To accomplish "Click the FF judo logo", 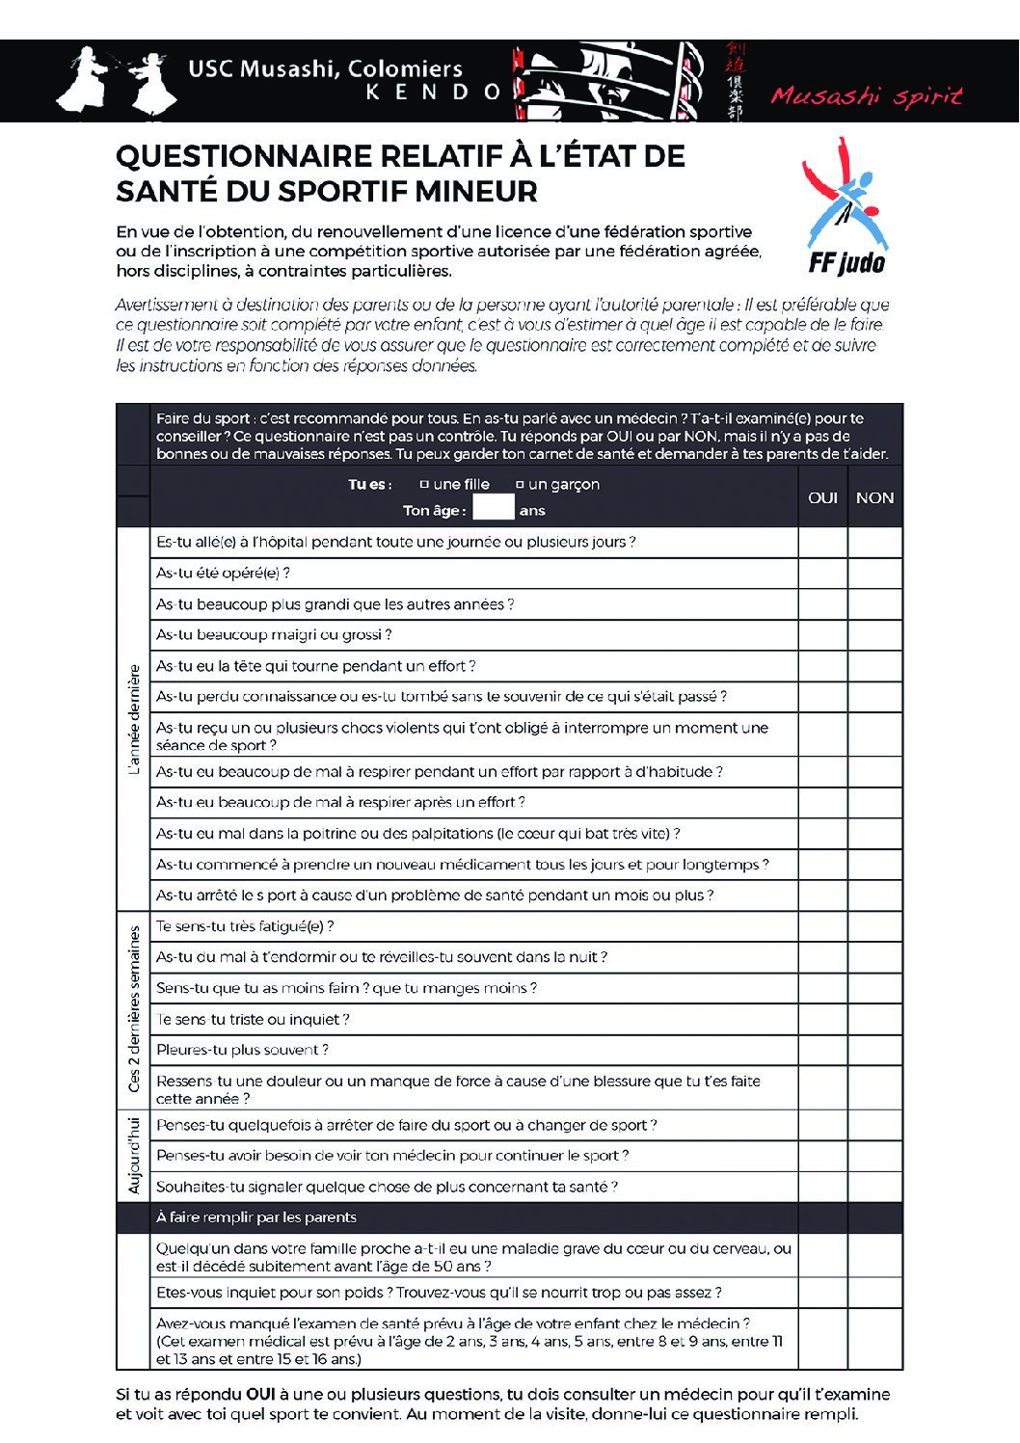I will pyautogui.click(x=845, y=207).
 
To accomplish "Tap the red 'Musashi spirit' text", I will pyautogui.click(x=866, y=95).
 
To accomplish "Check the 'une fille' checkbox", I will pyautogui.click(x=424, y=485).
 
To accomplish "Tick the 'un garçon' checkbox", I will pyautogui.click(x=520, y=485).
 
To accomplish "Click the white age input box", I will pyautogui.click(x=493, y=508).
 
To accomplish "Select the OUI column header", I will pyautogui.click(x=822, y=497).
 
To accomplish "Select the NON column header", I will pyautogui.click(x=874, y=497).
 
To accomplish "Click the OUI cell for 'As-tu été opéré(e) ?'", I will pyautogui.click(x=822, y=574).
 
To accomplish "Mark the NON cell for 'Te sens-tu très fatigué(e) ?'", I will pyautogui.click(x=874, y=926).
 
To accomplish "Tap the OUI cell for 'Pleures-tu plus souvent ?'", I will pyautogui.click(x=822, y=1050).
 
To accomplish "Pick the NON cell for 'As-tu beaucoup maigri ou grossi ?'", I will pyautogui.click(x=874, y=635).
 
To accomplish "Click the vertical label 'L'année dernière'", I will pyautogui.click(x=134, y=719).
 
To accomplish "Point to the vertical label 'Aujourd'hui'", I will pyautogui.click(x=134, y=1156).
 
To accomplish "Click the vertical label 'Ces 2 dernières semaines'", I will pyautogui.click(x=134, y=1008).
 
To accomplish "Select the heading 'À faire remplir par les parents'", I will pyautogui.click(x=256, y=1217).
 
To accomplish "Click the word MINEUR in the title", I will pyautogui.click(x=477, y=191).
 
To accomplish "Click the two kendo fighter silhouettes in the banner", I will pyautogui.click(x=117, y=79).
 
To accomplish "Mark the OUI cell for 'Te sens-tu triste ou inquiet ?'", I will pyautogui.click(x=822, y=1019).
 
